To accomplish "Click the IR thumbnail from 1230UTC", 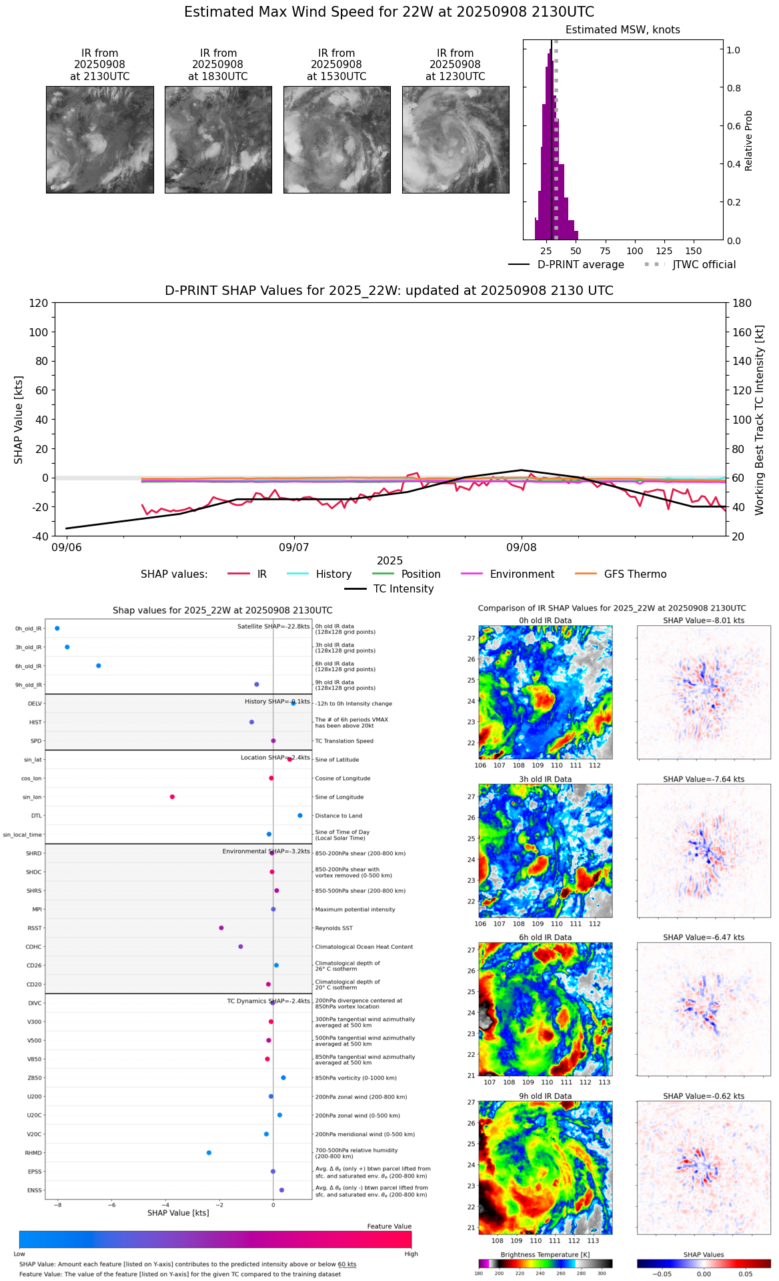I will click(456, 139).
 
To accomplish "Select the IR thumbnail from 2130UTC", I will click(100, 139).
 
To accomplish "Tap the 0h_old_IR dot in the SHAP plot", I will click(57, 628).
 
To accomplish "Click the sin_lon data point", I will click(172, 797).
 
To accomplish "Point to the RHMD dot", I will click(209, 1153).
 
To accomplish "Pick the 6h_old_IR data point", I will click(99, 666).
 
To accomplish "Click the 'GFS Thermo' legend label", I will click(635, 574).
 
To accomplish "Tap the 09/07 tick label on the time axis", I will click(294, 548).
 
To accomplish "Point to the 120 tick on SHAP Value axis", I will click(39, 303).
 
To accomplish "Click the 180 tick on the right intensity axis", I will click(742, 303).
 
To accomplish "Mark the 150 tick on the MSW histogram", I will click(694, 252).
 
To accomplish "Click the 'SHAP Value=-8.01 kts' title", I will click(704, 620).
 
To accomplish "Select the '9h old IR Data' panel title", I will click(545, 1096).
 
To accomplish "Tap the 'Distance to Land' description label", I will click(339, 816).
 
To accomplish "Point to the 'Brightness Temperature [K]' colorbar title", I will click(545, 1255).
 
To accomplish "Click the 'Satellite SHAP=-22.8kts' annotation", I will click(273, 626).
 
